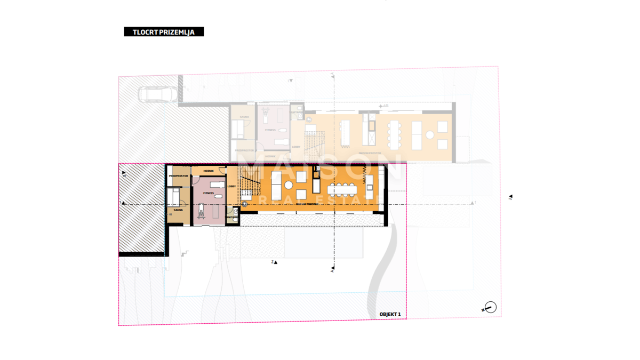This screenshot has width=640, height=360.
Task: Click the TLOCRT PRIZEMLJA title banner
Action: coord(164,32)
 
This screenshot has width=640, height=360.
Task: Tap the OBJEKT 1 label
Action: coord(389,314)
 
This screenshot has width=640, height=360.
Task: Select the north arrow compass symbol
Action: coord(490,308)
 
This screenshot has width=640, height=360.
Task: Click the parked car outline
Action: coord(159,94)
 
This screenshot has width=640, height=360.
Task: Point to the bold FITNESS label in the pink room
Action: coord(208,193)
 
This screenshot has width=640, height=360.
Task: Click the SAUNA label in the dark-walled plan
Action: coord(178,210)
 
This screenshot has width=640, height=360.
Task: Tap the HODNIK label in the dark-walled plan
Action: coord(209,171)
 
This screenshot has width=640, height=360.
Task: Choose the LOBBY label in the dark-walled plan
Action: coord(231,186)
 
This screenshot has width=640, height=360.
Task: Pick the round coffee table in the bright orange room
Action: coord(289,185)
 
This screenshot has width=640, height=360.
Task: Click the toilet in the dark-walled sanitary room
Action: coord(235,211)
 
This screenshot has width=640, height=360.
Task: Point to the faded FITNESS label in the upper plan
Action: coord(270,130)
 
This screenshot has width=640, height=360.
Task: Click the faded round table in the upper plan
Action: coord(430,135)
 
